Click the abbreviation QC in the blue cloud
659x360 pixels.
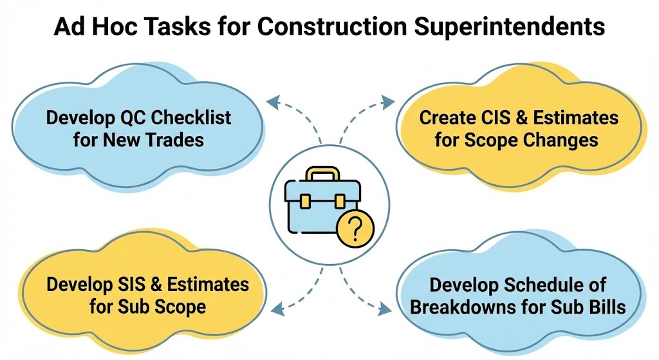click(135, 118)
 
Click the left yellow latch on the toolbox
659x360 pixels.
click(307, 200)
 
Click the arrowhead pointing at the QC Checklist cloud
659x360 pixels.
click(273, 100)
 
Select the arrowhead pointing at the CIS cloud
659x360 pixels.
click(387, 100)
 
